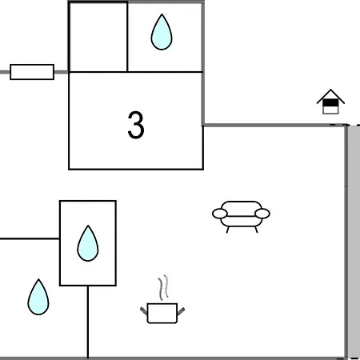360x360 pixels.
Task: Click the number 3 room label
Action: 136,125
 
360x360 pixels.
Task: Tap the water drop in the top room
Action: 162,32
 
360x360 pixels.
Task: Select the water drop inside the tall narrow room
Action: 88,243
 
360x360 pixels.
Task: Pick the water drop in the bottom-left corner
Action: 38,297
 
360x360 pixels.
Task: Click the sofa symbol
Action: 241,217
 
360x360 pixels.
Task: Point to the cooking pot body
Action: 162,313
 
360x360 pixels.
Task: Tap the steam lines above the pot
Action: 163,287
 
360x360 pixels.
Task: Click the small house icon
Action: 330,102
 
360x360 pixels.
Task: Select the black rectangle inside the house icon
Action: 330,102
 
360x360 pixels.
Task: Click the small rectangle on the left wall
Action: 32,72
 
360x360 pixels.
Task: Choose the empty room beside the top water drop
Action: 98,37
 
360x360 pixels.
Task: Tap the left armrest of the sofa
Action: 220,214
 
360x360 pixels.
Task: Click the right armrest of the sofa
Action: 262,214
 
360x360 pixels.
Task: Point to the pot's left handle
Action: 144,310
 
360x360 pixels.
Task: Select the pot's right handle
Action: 181,311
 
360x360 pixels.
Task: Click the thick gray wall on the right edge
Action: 354,242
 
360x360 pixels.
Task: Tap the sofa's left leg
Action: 227,230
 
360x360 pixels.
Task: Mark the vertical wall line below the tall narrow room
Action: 88,322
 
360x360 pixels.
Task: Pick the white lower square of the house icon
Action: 330,110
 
